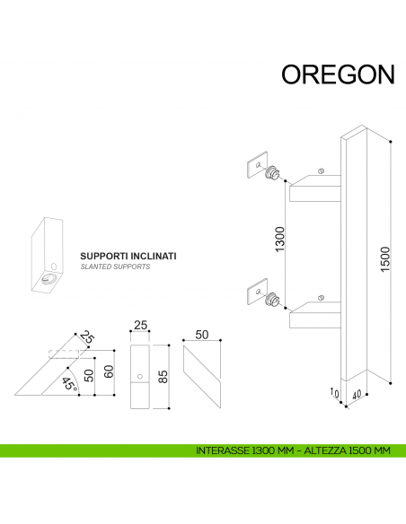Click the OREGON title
click(x=337, y=74)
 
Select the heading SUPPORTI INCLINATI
click(x=128, y=256)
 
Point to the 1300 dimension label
click(x=280, y=241)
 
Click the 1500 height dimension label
click(x=385, y=258)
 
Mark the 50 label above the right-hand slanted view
click(x=202, y=335)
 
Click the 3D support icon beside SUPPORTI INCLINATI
click(x=49, y=255)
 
